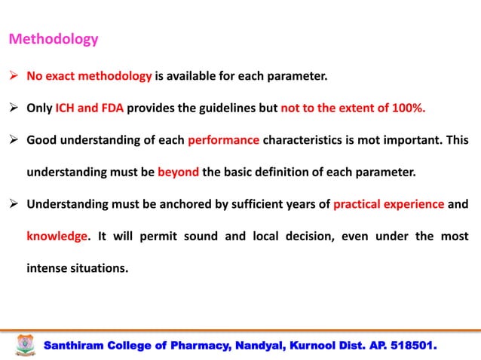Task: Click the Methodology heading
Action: [53, 39]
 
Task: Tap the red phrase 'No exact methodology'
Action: [90, 76]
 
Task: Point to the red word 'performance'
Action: [223, 140]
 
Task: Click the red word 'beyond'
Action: [178, 172]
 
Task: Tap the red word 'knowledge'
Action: [57, 236]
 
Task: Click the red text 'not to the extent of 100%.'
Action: [353, 108]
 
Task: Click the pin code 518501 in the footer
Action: [412, 346]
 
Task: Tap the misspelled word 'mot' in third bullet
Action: [368, 140]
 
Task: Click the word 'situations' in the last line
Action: [98, 267]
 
